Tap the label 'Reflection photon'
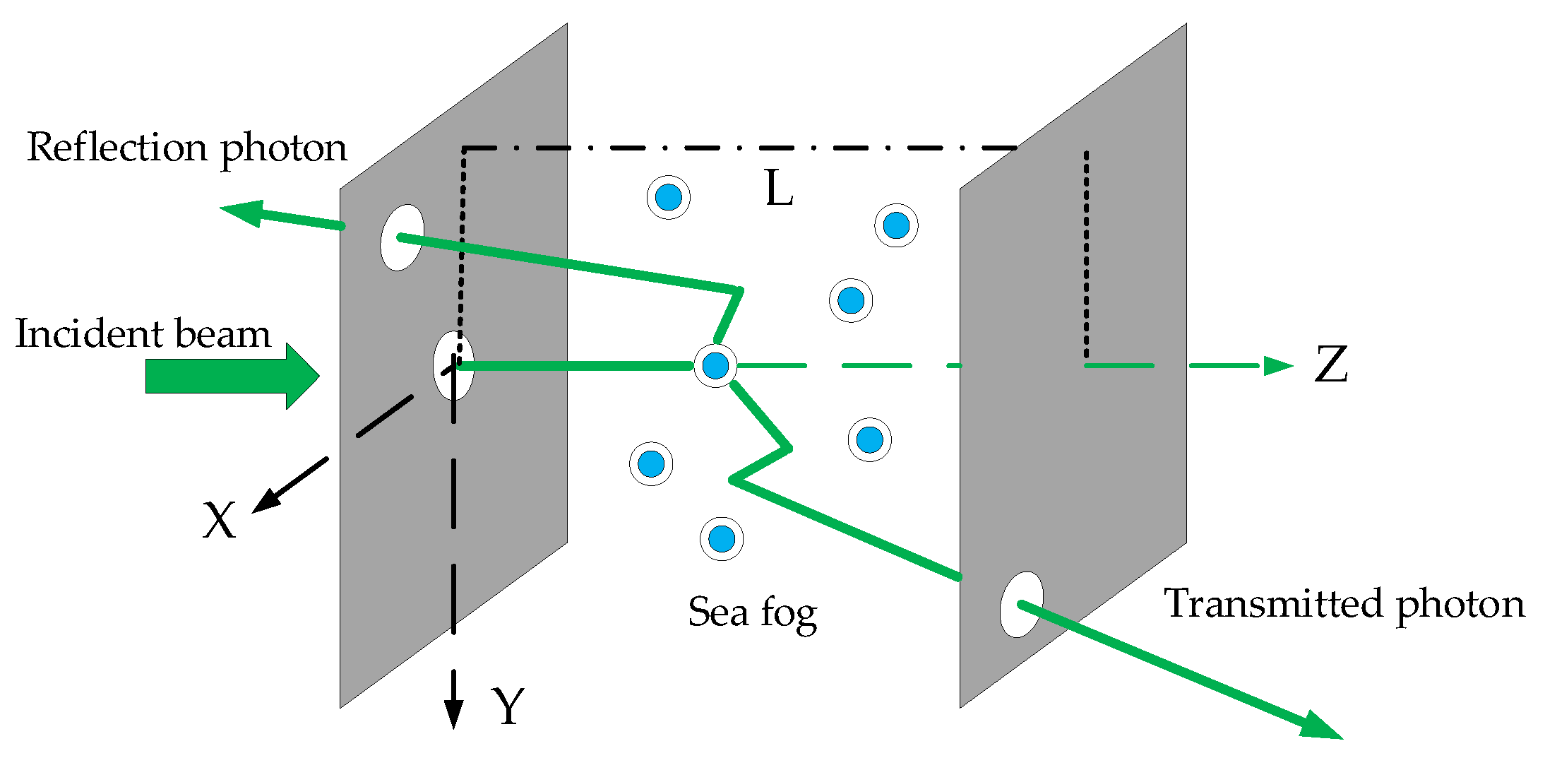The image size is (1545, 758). pos(187,148)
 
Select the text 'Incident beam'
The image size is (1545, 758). pos(143,333)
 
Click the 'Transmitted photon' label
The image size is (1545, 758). pos(1344,604)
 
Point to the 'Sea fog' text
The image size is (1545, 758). pos(752,612)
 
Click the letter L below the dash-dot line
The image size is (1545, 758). pos(780,189)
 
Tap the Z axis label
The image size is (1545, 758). pos(1331,365)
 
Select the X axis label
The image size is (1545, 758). pos(219,521)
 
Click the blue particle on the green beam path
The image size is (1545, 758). pos(715,365)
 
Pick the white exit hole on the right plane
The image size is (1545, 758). pos(1021,605)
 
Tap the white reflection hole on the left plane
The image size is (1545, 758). pos(402,237)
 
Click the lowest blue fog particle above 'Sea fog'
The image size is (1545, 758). pos(721,538)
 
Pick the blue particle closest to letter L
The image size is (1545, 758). pos(668,197)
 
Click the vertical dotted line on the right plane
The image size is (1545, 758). pos(1086,254)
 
